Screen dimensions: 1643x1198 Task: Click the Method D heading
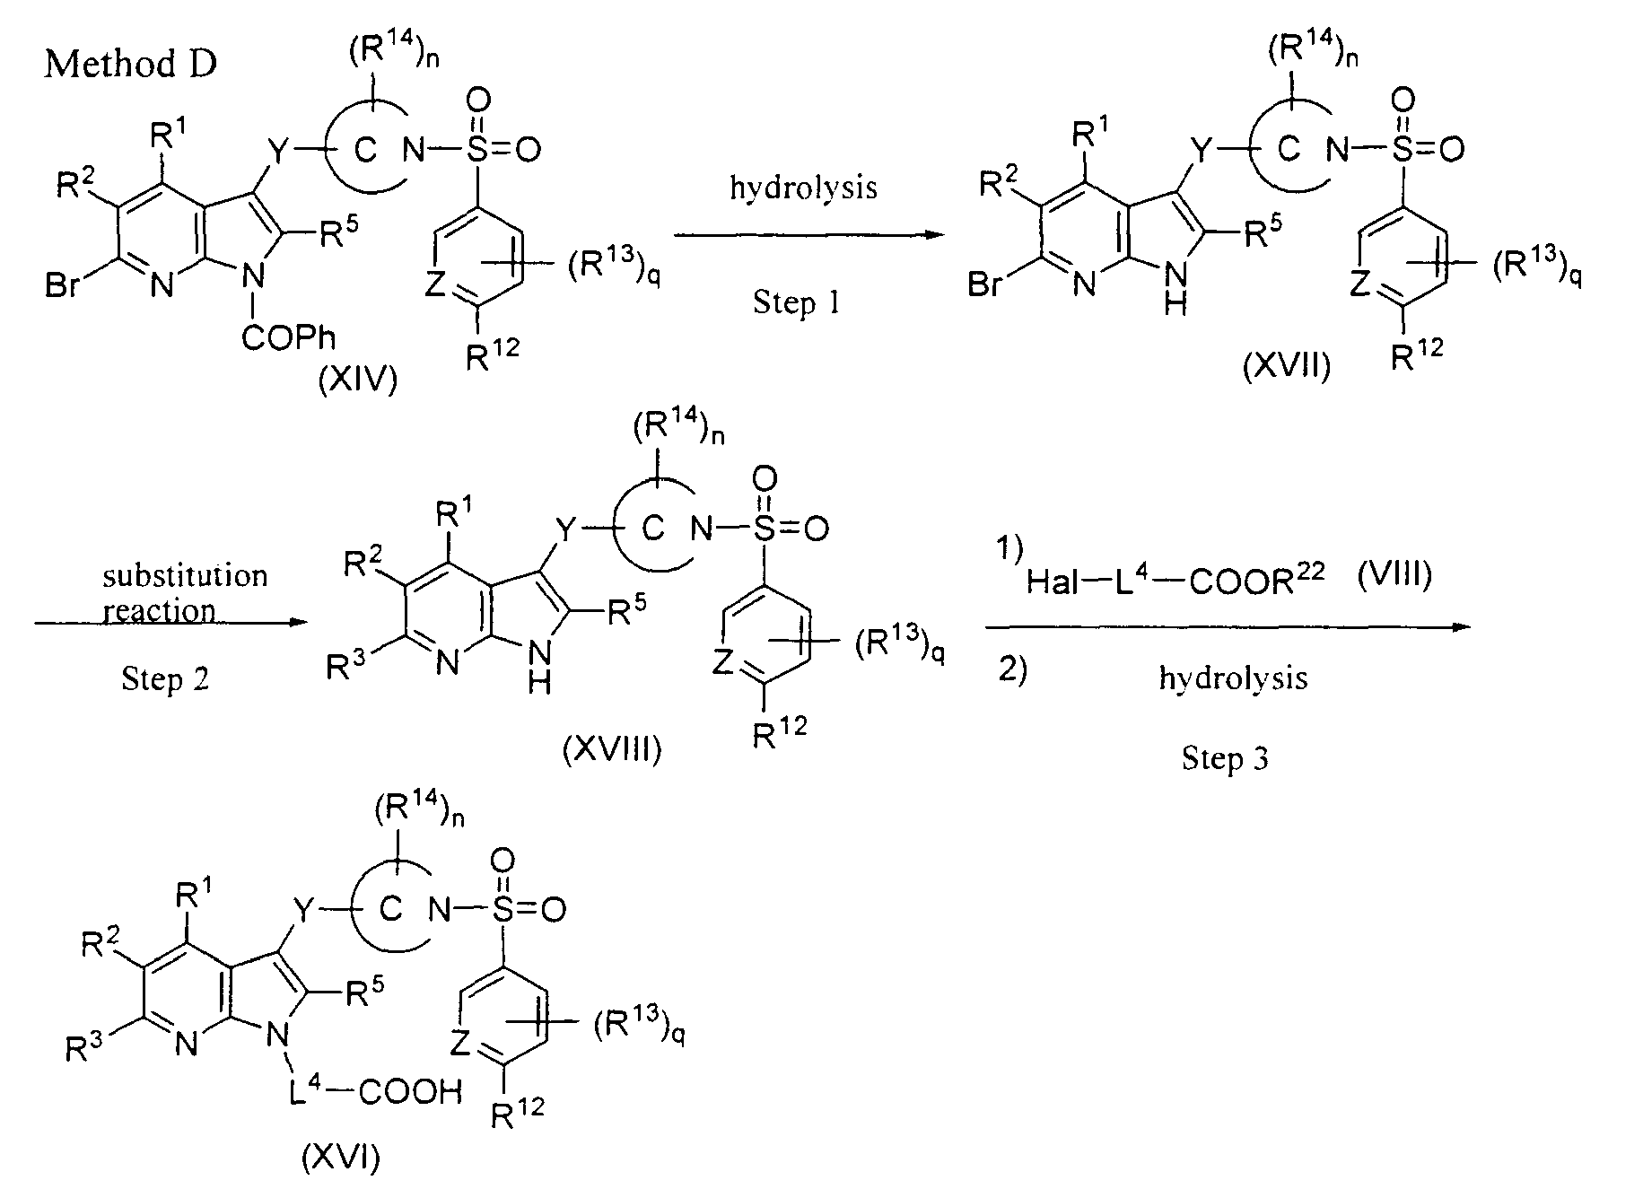130,64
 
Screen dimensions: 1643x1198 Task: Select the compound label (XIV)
357,380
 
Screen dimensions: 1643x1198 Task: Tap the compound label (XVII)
1286,366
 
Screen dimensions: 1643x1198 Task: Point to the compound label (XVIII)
611,748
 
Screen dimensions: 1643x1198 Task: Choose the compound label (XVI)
341,1159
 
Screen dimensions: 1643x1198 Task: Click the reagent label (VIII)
1393,574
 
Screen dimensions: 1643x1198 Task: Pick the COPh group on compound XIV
288,337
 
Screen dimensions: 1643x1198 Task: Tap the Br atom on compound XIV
63,288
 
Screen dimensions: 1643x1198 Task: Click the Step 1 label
797,302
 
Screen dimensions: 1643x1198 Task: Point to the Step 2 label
165,678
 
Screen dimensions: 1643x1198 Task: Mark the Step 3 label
1225,759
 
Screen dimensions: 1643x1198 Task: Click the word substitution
185,574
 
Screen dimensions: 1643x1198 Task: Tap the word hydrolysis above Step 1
803,188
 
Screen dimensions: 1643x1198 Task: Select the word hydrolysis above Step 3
1233,678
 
